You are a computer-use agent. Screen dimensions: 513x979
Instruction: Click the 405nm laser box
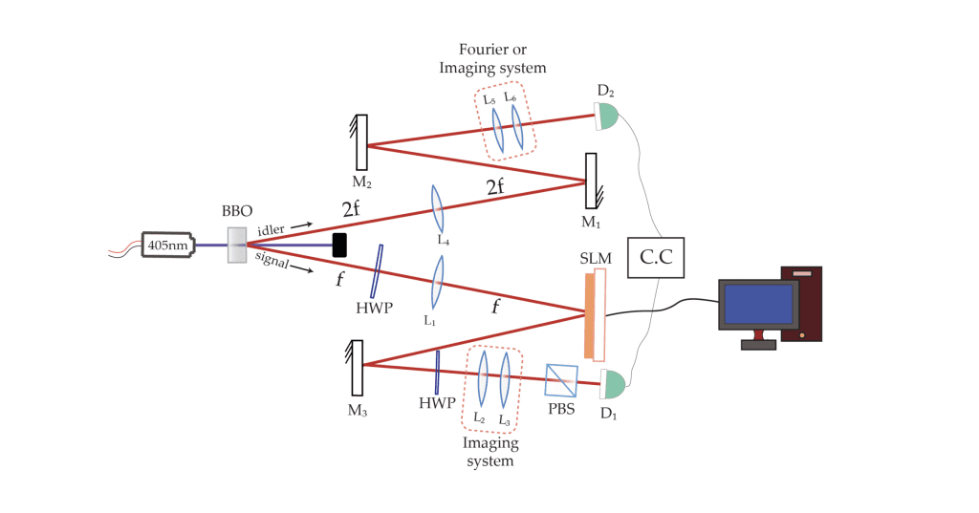[167, 246]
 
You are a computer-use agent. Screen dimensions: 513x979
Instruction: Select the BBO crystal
[237, 246]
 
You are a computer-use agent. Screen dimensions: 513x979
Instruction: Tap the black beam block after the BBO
[338, 246]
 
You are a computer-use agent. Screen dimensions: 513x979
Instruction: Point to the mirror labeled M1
[592, 181]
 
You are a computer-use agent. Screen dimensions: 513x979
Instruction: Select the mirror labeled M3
[358, 368]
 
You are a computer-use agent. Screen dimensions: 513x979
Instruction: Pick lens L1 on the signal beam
[437, 284]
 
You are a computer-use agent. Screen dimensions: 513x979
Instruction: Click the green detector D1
[612, 385]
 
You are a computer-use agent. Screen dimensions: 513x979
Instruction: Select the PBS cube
[559, 380]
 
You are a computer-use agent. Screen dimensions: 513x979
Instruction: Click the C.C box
[658, 256]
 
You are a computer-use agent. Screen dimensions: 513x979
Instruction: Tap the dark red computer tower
[800, 303]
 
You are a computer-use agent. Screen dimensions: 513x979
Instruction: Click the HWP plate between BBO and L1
[378, 271]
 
